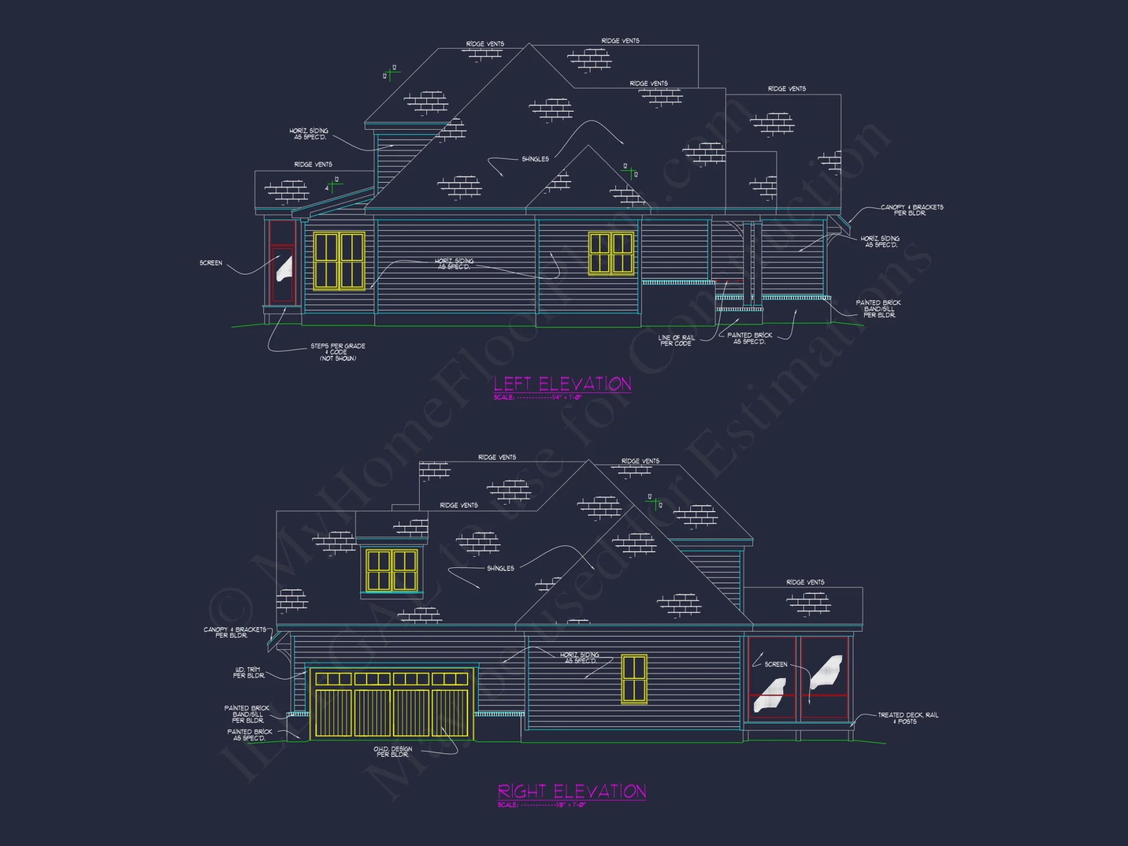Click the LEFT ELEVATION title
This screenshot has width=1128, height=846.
(562, 384)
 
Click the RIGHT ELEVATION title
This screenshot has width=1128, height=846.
(571, 791)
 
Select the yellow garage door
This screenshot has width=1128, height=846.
(392, 703)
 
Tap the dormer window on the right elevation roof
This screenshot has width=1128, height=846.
(392, 570)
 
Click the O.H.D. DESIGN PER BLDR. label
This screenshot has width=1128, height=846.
(393, 752)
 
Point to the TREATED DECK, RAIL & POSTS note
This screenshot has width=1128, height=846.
(907, 718)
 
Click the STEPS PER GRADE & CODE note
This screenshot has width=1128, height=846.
(338, 352)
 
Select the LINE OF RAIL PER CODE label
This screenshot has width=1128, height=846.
(676, 340)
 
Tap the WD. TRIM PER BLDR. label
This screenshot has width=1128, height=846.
(248, 672)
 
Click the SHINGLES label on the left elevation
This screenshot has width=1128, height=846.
(535, 159)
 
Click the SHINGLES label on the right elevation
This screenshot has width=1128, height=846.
(500, 569)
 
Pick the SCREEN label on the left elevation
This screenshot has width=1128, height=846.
(211, 263)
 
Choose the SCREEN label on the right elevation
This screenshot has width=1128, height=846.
(775, 664)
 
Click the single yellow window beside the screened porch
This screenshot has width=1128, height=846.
(634, 679)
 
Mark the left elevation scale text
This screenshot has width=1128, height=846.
(537, 398)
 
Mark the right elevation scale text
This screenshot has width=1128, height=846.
(541, 805)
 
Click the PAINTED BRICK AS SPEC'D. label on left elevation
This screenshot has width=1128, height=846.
(750, 338)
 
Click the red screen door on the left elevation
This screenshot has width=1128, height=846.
(282, 262)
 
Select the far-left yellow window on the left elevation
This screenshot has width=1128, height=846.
(339, 261)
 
